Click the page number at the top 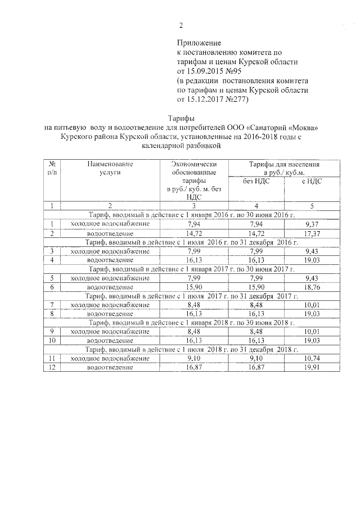click(x=181, y=25)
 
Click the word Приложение click(x=199, y=43)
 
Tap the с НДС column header click(x=311, y=181)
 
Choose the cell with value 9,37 click(x=311, y=223)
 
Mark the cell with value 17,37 click(x=311, y=233)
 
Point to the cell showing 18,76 click(x=311, y=287)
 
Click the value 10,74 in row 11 click(x=311, y=358)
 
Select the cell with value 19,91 click(x=311, y=368)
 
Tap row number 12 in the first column click(x=52, y=368)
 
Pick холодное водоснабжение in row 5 click(x=110, y=278)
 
